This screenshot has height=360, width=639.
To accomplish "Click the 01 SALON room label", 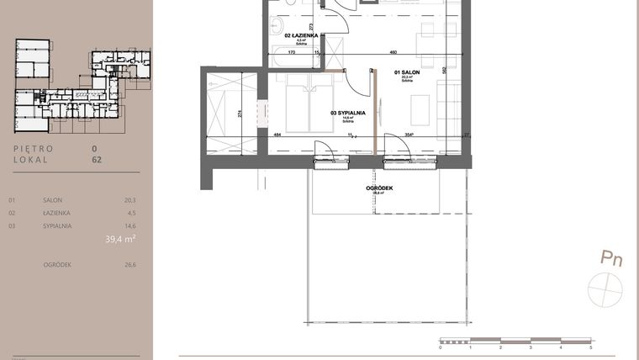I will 408,73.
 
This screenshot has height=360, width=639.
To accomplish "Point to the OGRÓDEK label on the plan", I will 381,188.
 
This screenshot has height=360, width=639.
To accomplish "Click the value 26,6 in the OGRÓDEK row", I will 129,264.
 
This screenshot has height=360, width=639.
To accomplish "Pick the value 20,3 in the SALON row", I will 129,200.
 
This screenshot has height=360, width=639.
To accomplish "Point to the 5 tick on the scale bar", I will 591,347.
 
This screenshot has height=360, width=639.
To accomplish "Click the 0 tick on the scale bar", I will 440,347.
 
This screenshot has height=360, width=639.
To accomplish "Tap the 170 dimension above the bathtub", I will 290,52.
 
